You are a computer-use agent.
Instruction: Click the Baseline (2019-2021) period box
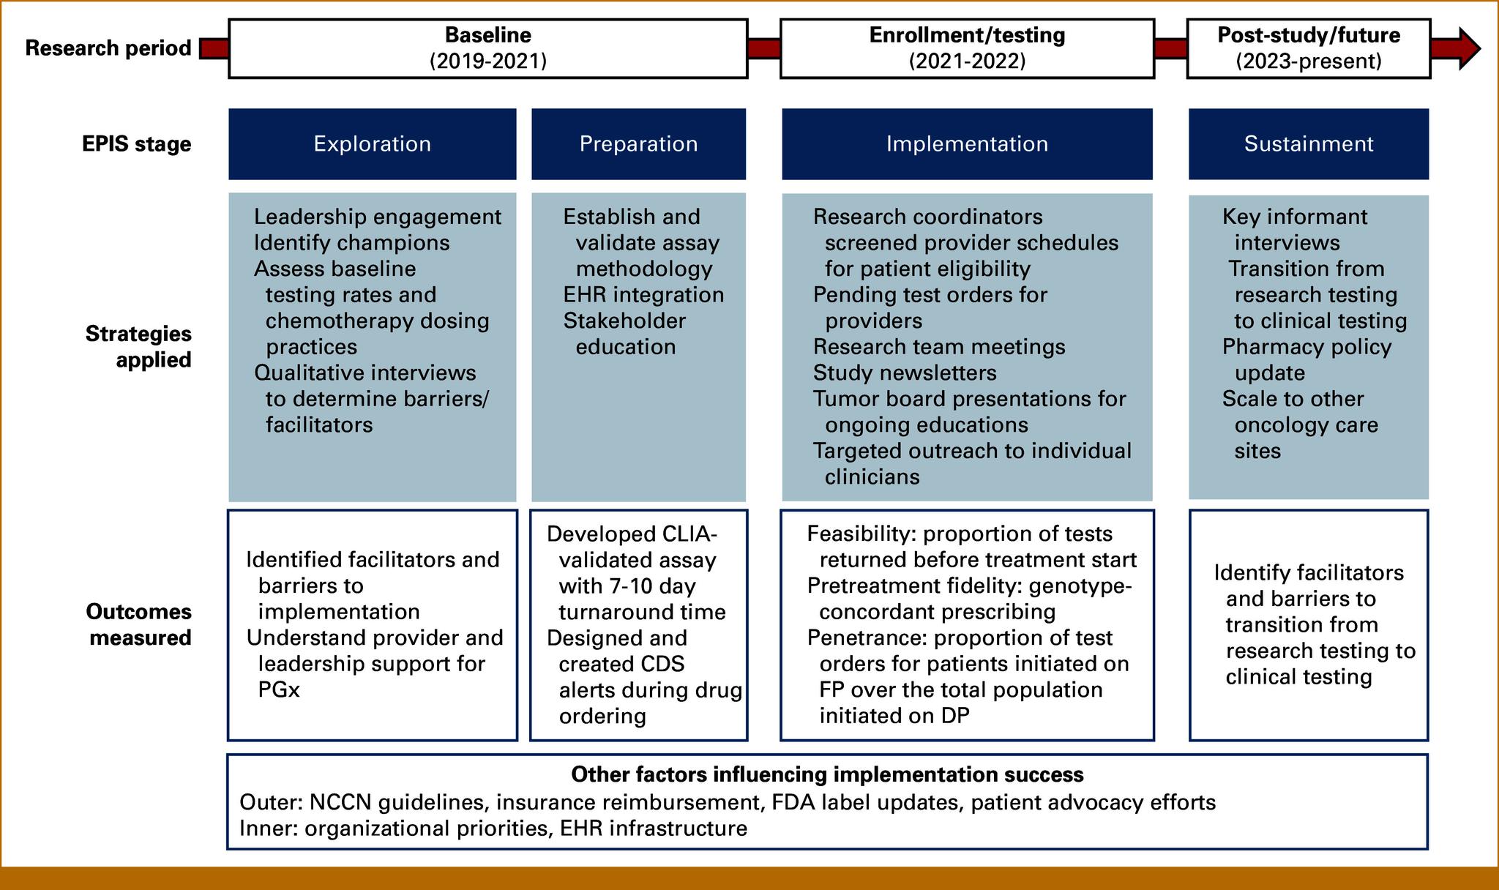point(487,48)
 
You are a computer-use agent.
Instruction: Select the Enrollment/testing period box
point(966,48)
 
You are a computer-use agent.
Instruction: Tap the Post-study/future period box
point(1308,48)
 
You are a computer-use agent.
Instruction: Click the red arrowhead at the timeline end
point(1468,48)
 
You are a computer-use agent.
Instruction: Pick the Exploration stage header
point(372,143)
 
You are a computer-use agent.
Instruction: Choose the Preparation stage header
point(638,143)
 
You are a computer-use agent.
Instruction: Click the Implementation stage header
point(966,143)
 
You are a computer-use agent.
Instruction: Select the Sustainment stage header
point(1308,143)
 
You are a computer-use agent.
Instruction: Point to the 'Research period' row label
point(108,48)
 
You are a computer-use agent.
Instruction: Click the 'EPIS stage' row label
point(136,144)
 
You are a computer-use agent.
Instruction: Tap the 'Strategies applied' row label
point(139,346)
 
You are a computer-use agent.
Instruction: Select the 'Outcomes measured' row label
point(139,624)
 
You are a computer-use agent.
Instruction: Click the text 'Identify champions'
point(351,243)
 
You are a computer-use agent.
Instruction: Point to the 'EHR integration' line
point(643,295)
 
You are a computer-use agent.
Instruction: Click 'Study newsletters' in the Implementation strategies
point(904,373)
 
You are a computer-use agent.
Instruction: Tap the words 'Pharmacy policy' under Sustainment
point(1306,347)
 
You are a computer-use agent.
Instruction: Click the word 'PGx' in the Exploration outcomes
point(279,690)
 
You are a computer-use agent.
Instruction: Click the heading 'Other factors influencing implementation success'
point(826,774)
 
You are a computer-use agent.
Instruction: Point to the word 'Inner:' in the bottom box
point(269,829)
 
